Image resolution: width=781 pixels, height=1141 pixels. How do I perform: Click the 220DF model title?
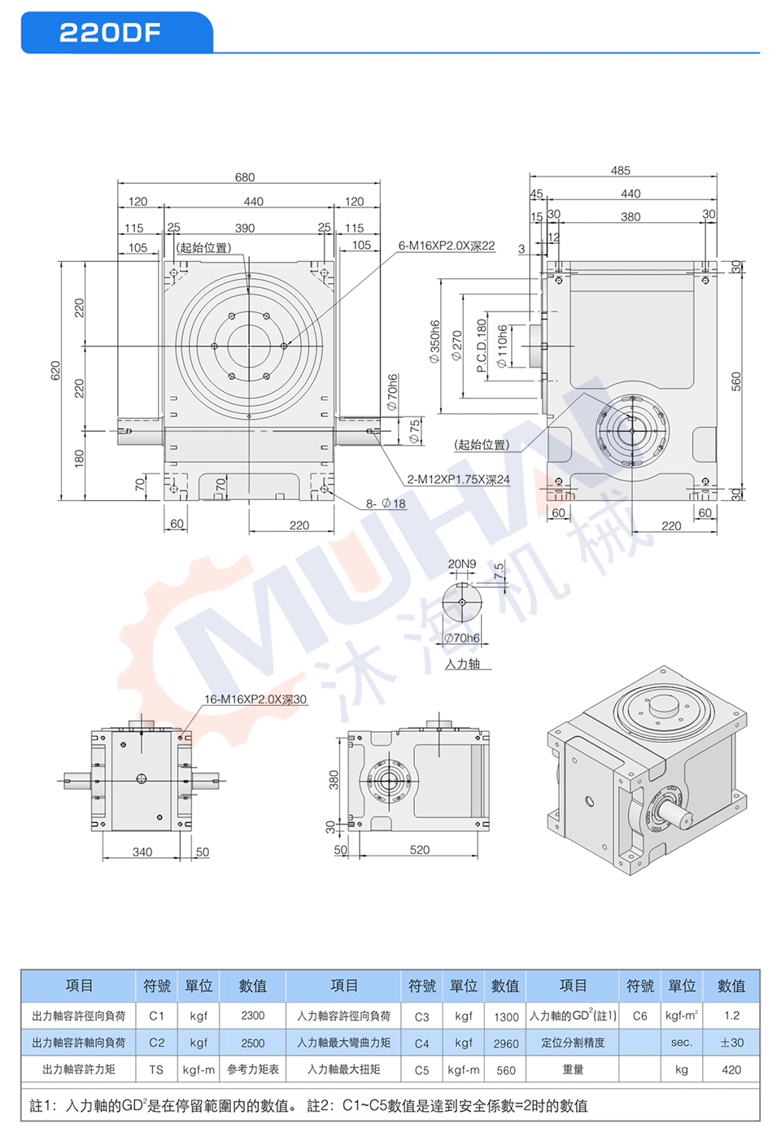(110, 33)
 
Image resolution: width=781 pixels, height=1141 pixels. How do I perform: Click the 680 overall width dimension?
(245, 177)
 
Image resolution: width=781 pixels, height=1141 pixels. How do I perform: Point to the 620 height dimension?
(55, 370)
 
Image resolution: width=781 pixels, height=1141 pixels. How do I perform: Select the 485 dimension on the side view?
(621, 170)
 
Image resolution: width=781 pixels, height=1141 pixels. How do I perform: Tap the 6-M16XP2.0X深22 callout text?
(447, 246)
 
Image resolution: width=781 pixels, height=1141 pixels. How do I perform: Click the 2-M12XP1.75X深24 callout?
(458, 479)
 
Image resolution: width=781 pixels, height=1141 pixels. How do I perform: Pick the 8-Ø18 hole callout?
(386, 503)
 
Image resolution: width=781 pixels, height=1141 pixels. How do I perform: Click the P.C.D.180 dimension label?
(482, 346)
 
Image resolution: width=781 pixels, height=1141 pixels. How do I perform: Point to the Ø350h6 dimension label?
(434, 342)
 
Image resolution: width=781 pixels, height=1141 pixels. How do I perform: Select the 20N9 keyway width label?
(462, 564)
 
